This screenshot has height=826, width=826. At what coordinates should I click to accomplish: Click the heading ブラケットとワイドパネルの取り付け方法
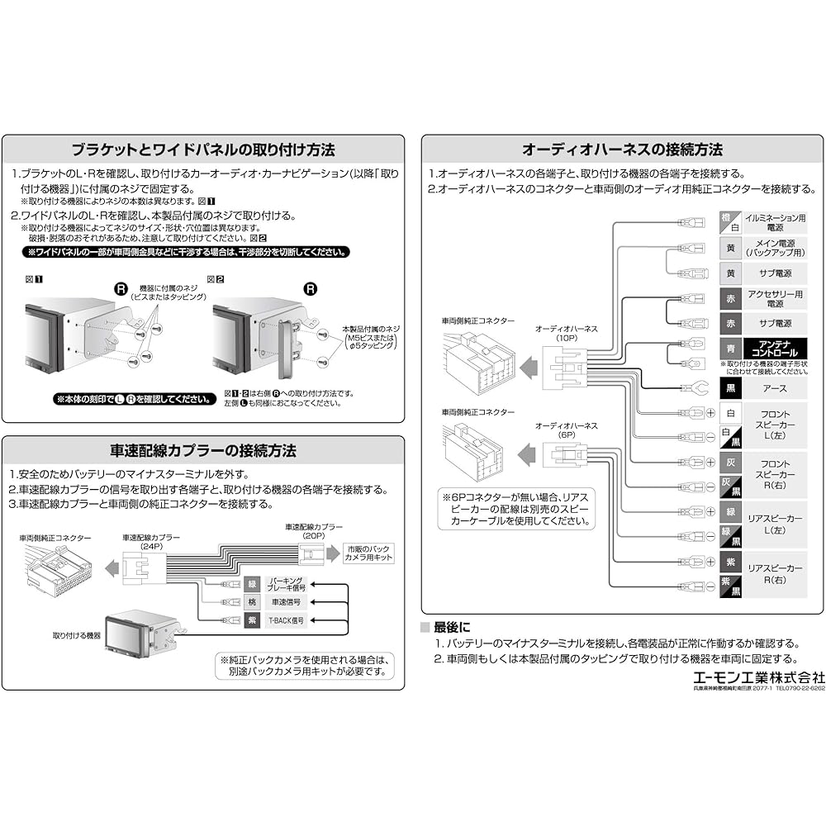(202, 150)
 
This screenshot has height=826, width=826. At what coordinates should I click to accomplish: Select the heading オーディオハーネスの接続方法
(622, 150)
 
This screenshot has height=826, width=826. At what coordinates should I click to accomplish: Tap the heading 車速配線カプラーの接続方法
(202, 451)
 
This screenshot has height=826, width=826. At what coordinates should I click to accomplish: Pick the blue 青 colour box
(728, 349)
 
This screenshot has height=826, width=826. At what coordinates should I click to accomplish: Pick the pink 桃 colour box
(253, 602)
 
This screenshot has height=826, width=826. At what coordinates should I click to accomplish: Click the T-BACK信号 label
(285, 620)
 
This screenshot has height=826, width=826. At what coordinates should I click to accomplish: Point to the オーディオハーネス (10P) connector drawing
(564, 366)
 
